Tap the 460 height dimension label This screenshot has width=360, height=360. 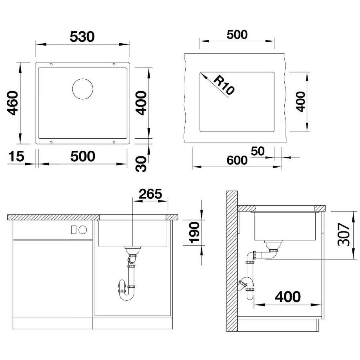(13, 103)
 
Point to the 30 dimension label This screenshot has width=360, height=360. (141, 164)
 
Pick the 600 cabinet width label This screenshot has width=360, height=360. (237, 160)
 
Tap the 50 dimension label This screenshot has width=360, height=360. (258, 151)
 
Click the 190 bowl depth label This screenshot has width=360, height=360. (194, 233)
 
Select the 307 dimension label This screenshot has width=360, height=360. (344, 235)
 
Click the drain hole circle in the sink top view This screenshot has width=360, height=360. (83, 89)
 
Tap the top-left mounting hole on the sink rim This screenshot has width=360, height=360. (51, 64)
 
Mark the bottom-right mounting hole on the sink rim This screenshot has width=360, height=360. (114, 142)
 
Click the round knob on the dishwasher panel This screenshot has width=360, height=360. (83, 229)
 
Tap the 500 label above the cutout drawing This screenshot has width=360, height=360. (237, 35)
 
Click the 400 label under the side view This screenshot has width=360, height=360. (288, 297)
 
